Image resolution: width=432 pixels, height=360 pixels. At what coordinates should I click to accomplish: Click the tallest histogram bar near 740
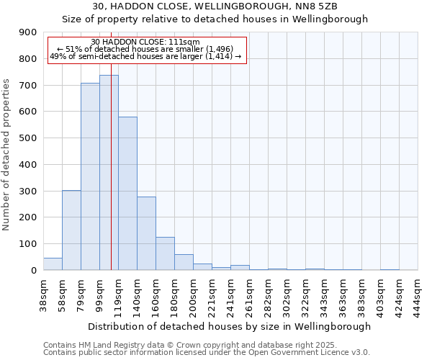[x=109, y=173]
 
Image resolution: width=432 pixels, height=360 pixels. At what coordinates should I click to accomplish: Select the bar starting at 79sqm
[x=90, y=176]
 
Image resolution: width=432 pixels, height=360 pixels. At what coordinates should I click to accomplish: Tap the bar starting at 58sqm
[x=71, y=230]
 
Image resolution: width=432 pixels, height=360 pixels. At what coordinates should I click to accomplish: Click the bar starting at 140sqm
[x=146, y=233]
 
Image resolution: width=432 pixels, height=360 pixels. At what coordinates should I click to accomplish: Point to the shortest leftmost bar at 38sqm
[x=53, y=264]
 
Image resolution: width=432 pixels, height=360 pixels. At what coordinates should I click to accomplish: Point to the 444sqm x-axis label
[x=418, y=293]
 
